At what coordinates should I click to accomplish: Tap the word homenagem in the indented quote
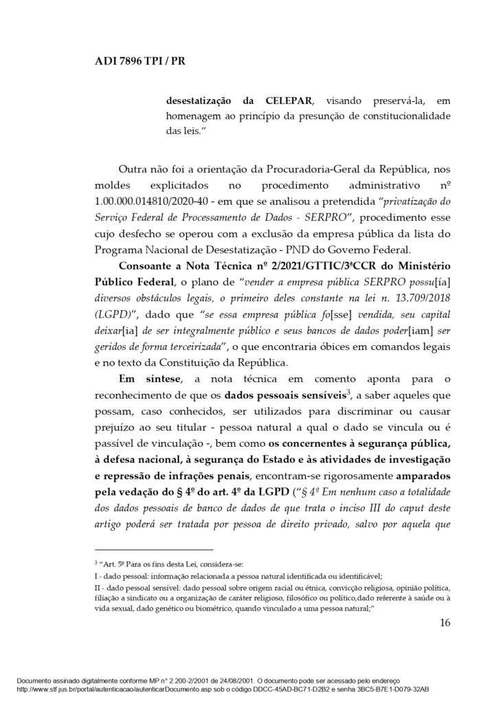coord(194,115)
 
